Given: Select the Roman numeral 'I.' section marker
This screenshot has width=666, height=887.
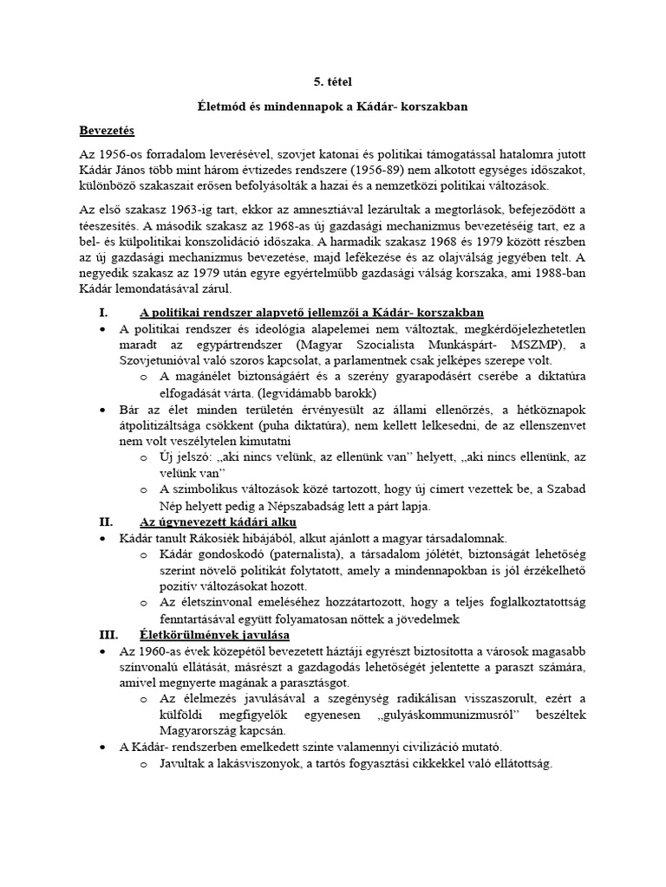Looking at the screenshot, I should click(x=104, y=312).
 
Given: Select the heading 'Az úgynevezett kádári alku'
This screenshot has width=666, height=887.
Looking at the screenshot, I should click(x=217, y=522).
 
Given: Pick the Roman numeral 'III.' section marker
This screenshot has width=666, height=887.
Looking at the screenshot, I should click(x=108, y=634).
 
